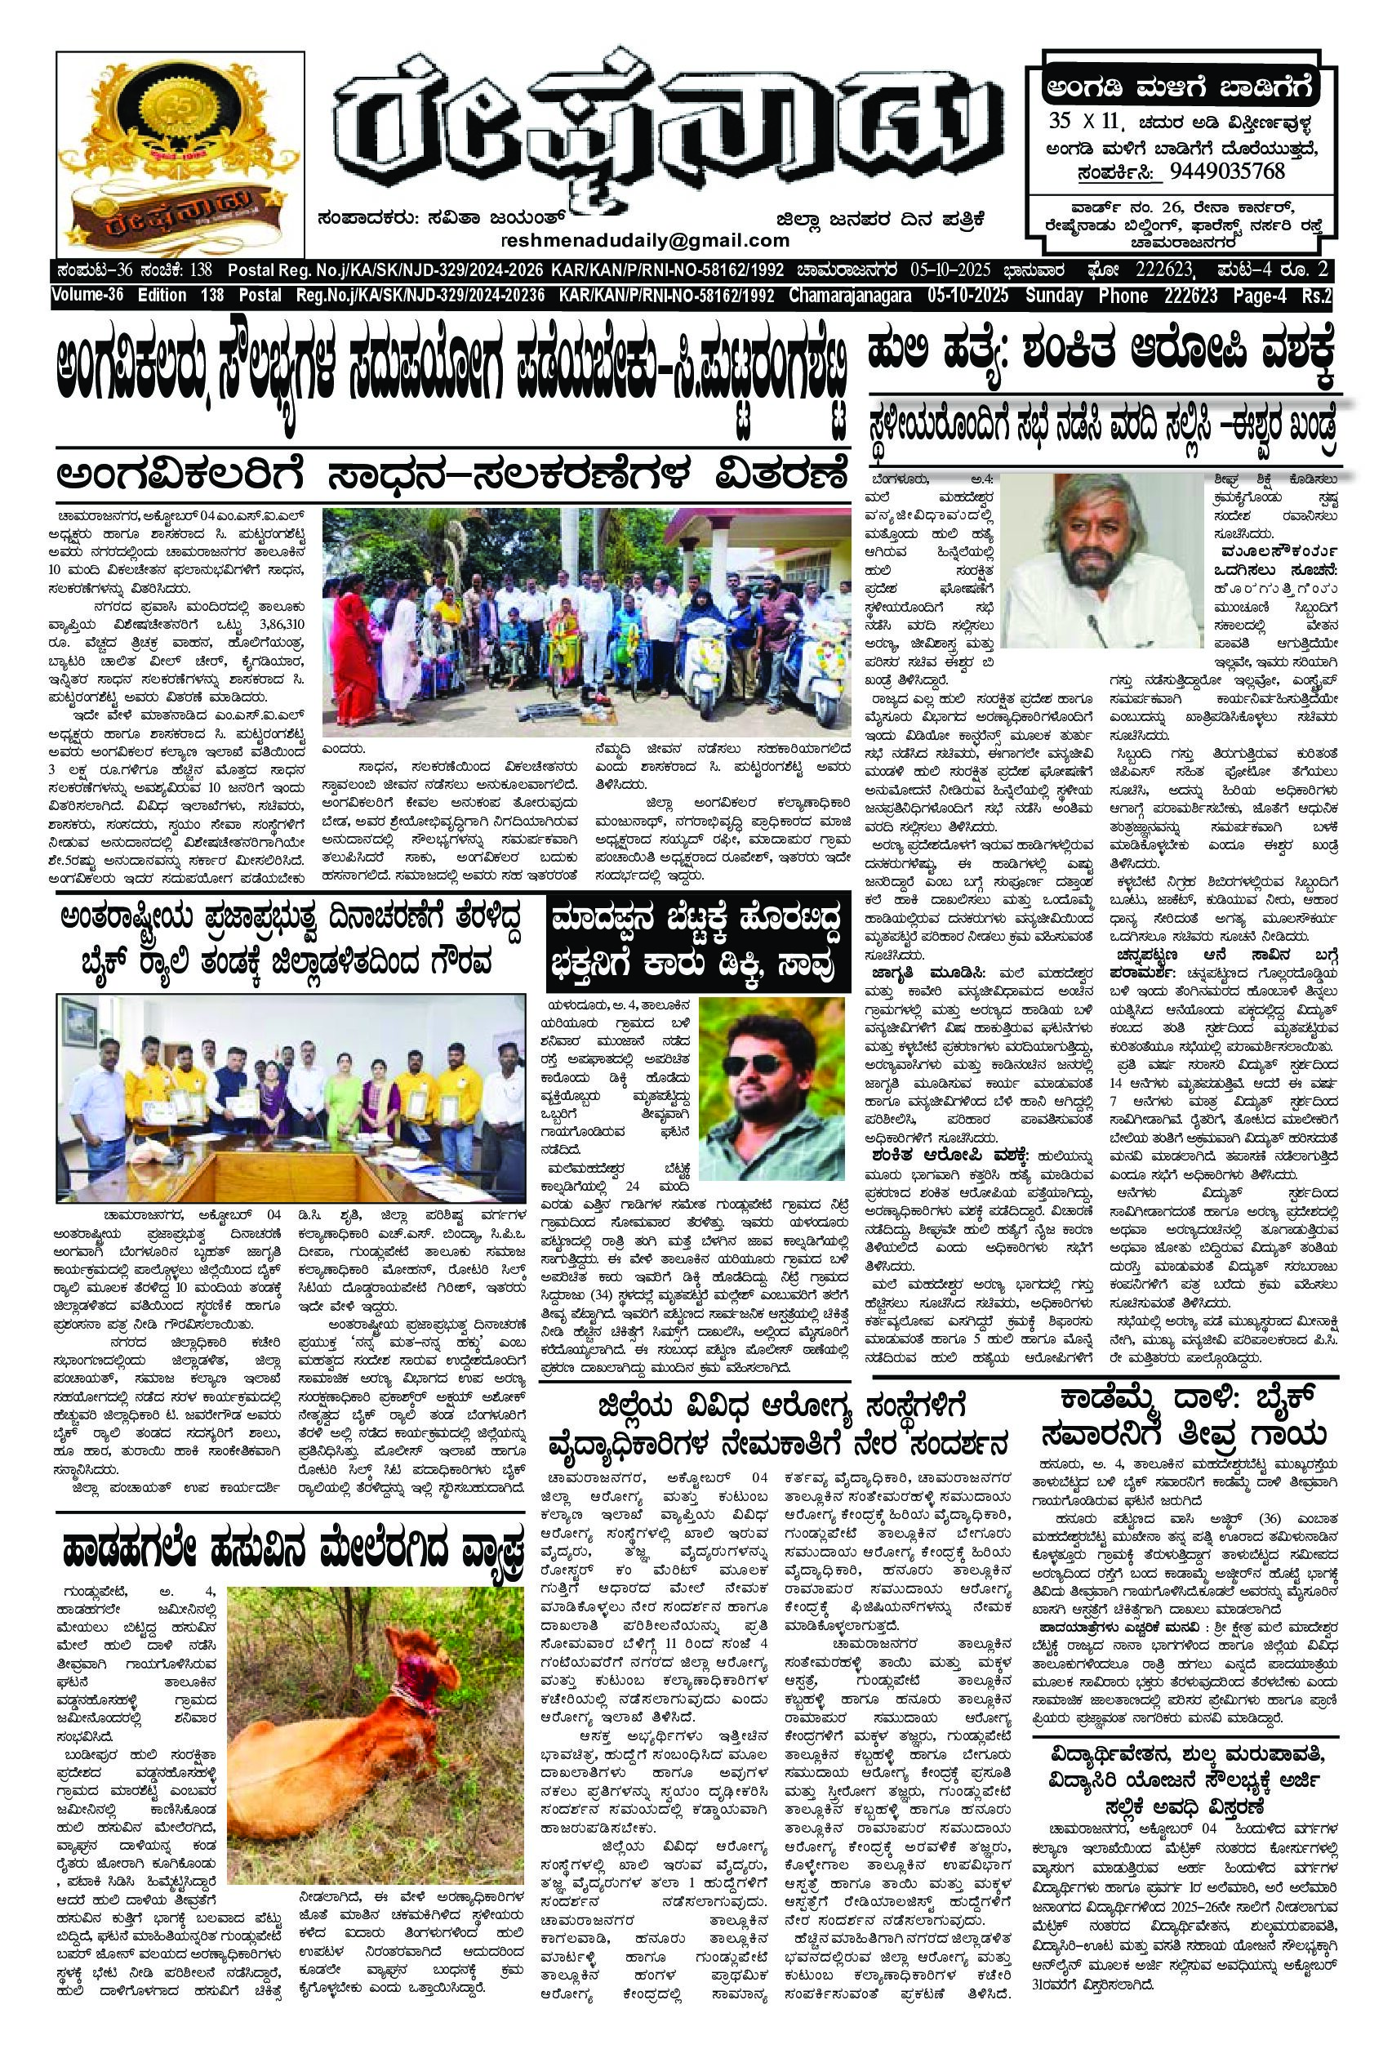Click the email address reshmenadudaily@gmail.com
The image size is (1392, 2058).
click(x=645, y=241)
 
